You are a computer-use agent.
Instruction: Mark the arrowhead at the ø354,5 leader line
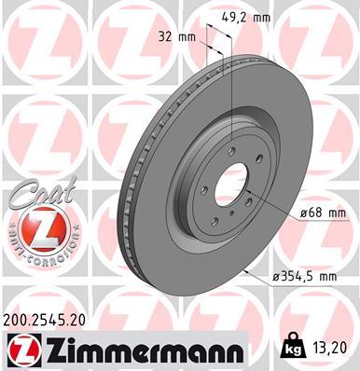point(240,268)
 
